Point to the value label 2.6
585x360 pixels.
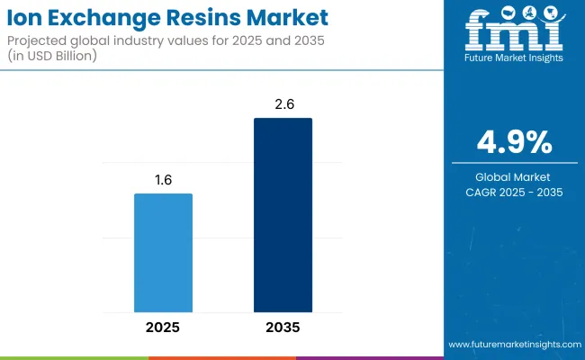point(283,103)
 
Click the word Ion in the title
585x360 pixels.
point(28,17)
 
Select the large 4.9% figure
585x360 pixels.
point(514,143)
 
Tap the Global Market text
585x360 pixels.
point(514,175)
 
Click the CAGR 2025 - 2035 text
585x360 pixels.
point(514,192)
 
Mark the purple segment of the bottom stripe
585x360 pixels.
point(369,357)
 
